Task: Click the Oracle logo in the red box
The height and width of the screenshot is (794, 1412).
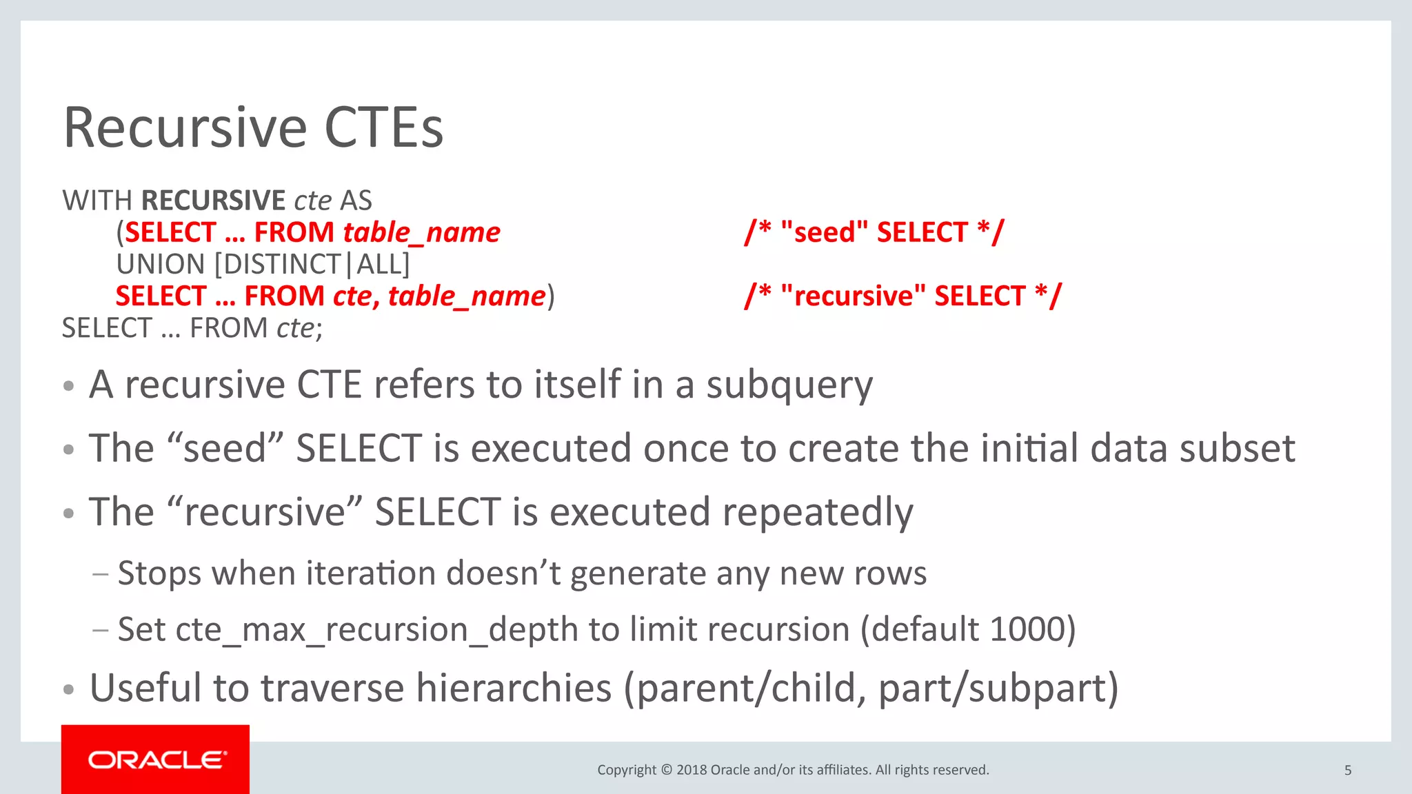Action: (156, 760)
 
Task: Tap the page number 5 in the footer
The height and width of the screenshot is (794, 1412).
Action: (1348, 770)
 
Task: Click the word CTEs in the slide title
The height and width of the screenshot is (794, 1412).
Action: (383, 128)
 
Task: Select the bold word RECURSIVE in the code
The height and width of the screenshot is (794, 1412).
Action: (213, 201)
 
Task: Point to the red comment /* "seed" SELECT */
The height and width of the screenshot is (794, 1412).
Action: (874, 232)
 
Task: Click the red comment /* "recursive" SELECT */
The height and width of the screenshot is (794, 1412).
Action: (903, 296)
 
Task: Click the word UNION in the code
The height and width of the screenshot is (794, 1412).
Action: (161, 265)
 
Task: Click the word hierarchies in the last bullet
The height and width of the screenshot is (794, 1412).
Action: (514, 688)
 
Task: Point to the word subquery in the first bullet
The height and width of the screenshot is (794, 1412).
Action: (789, 385)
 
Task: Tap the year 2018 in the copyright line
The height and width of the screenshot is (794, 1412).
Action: (691, 770)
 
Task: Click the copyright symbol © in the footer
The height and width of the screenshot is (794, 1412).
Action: (666, 770)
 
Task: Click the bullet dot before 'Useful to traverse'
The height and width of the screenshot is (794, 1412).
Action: (68, 689)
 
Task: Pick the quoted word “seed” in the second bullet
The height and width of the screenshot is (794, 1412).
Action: (225, 449)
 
